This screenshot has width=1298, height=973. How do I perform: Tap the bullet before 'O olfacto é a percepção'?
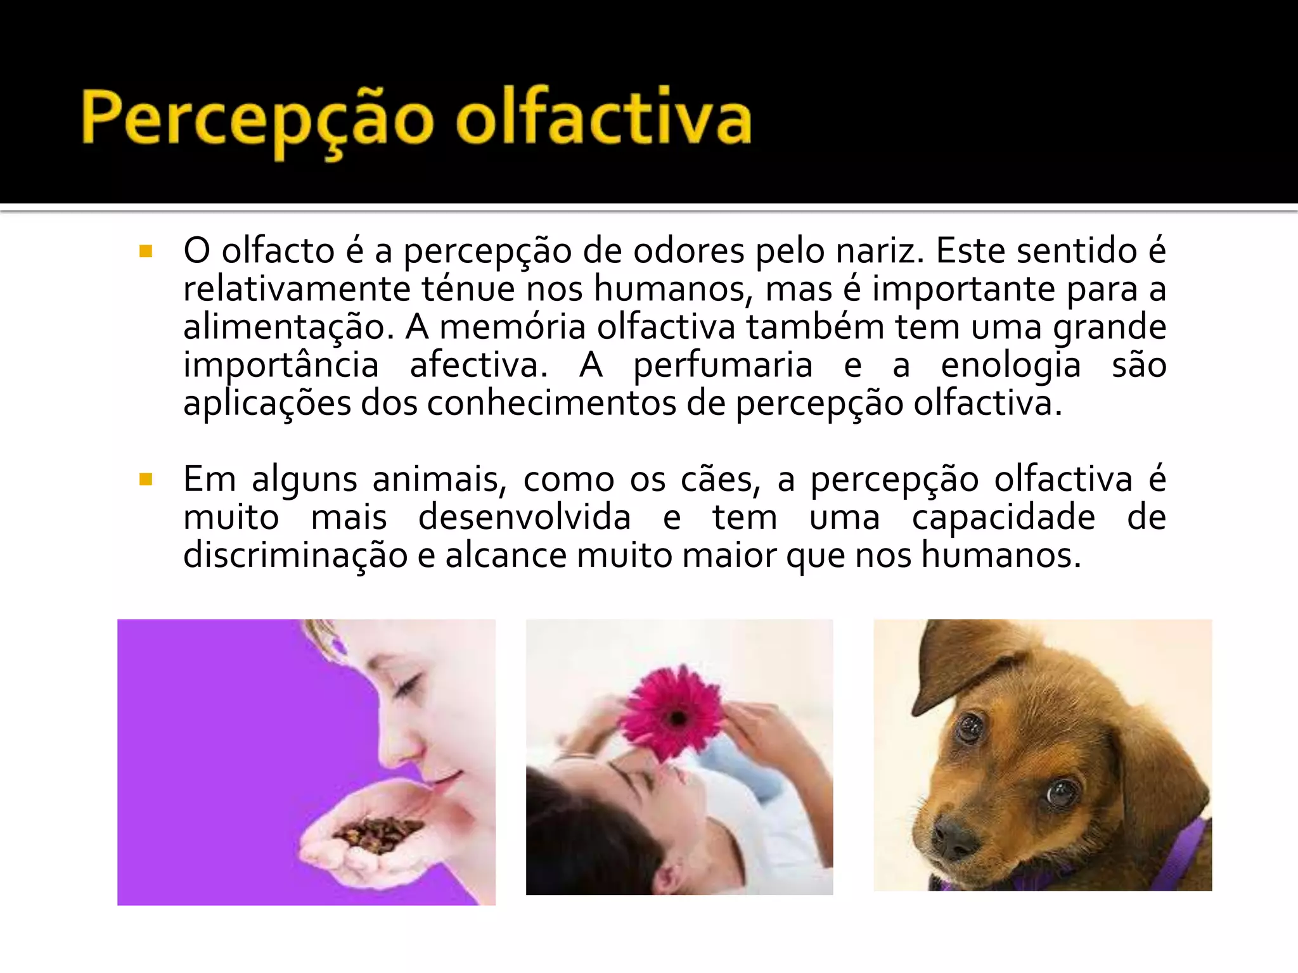click(146, 252)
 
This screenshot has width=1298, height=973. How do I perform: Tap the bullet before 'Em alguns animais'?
click(146, 480)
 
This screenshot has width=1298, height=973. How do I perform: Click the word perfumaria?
click(723, 366)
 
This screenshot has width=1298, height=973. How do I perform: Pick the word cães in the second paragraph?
click(720, 480)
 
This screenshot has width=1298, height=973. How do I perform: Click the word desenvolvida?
click(524, 518)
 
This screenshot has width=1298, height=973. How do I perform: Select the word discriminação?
click(295, 556)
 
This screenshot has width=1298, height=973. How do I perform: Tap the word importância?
click(281, 366)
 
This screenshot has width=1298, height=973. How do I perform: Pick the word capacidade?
click(1003, 518)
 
